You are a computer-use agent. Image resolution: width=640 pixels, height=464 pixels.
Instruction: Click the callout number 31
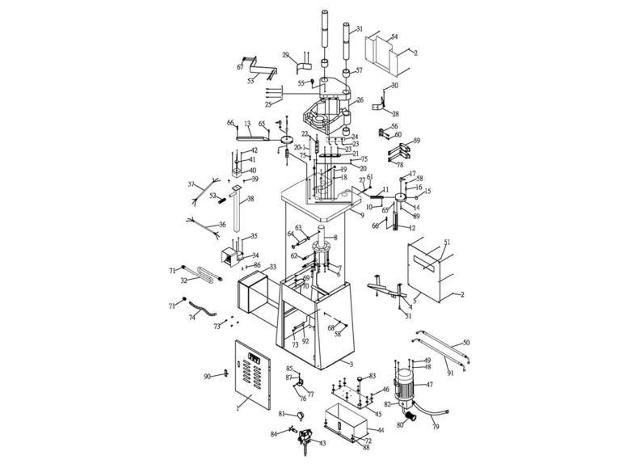pyautogui.click(x=360, y=29)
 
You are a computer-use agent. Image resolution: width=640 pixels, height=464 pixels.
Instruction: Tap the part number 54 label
pyautogui.click(x=394, y=37)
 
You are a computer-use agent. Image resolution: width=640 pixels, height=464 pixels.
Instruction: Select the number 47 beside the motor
pyautogui.click(x=430, y=385)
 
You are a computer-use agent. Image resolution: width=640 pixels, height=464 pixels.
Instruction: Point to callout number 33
pyautogui.click(x=272, y=267)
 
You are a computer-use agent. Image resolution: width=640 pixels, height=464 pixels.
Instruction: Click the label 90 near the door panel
pyautogui.click(x=207, y=377)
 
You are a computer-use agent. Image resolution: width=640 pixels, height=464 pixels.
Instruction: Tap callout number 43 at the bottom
pyautogui.click(x=323, y=443)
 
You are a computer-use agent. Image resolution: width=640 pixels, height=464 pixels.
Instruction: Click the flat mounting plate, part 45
pyautogui.click(x=349, y=398)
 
